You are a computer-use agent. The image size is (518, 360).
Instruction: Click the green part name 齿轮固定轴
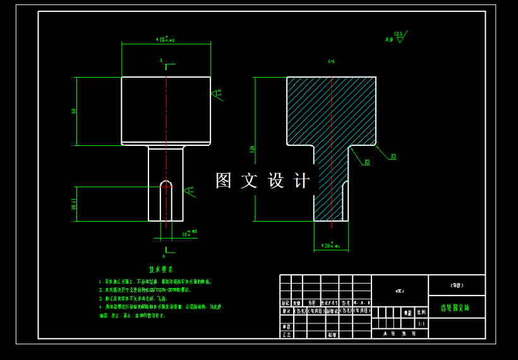coord(455,308)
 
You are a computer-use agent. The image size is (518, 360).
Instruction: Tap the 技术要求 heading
coord(160,269)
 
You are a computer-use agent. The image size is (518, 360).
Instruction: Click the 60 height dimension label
coord(74,111)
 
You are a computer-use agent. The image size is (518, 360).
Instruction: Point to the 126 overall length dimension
coord(253,150)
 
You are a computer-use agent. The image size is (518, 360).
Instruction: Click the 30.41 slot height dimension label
coord(73,203)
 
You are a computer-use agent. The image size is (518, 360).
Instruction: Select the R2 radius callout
coord(393,155)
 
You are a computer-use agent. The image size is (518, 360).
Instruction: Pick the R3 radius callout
coord(367,163)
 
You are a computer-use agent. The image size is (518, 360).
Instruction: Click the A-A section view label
coord(331,62)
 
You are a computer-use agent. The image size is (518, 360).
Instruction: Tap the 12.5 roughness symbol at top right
coord(398,36)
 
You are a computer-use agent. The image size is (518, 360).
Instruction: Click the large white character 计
coord(302,181)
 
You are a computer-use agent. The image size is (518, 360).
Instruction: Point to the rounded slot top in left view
coord(166,183)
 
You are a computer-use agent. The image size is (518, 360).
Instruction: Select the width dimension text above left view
coord(166,40)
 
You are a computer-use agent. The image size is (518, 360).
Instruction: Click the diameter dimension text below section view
coord(330,244)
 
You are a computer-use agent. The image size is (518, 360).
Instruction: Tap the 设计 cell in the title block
coord(286,311)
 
